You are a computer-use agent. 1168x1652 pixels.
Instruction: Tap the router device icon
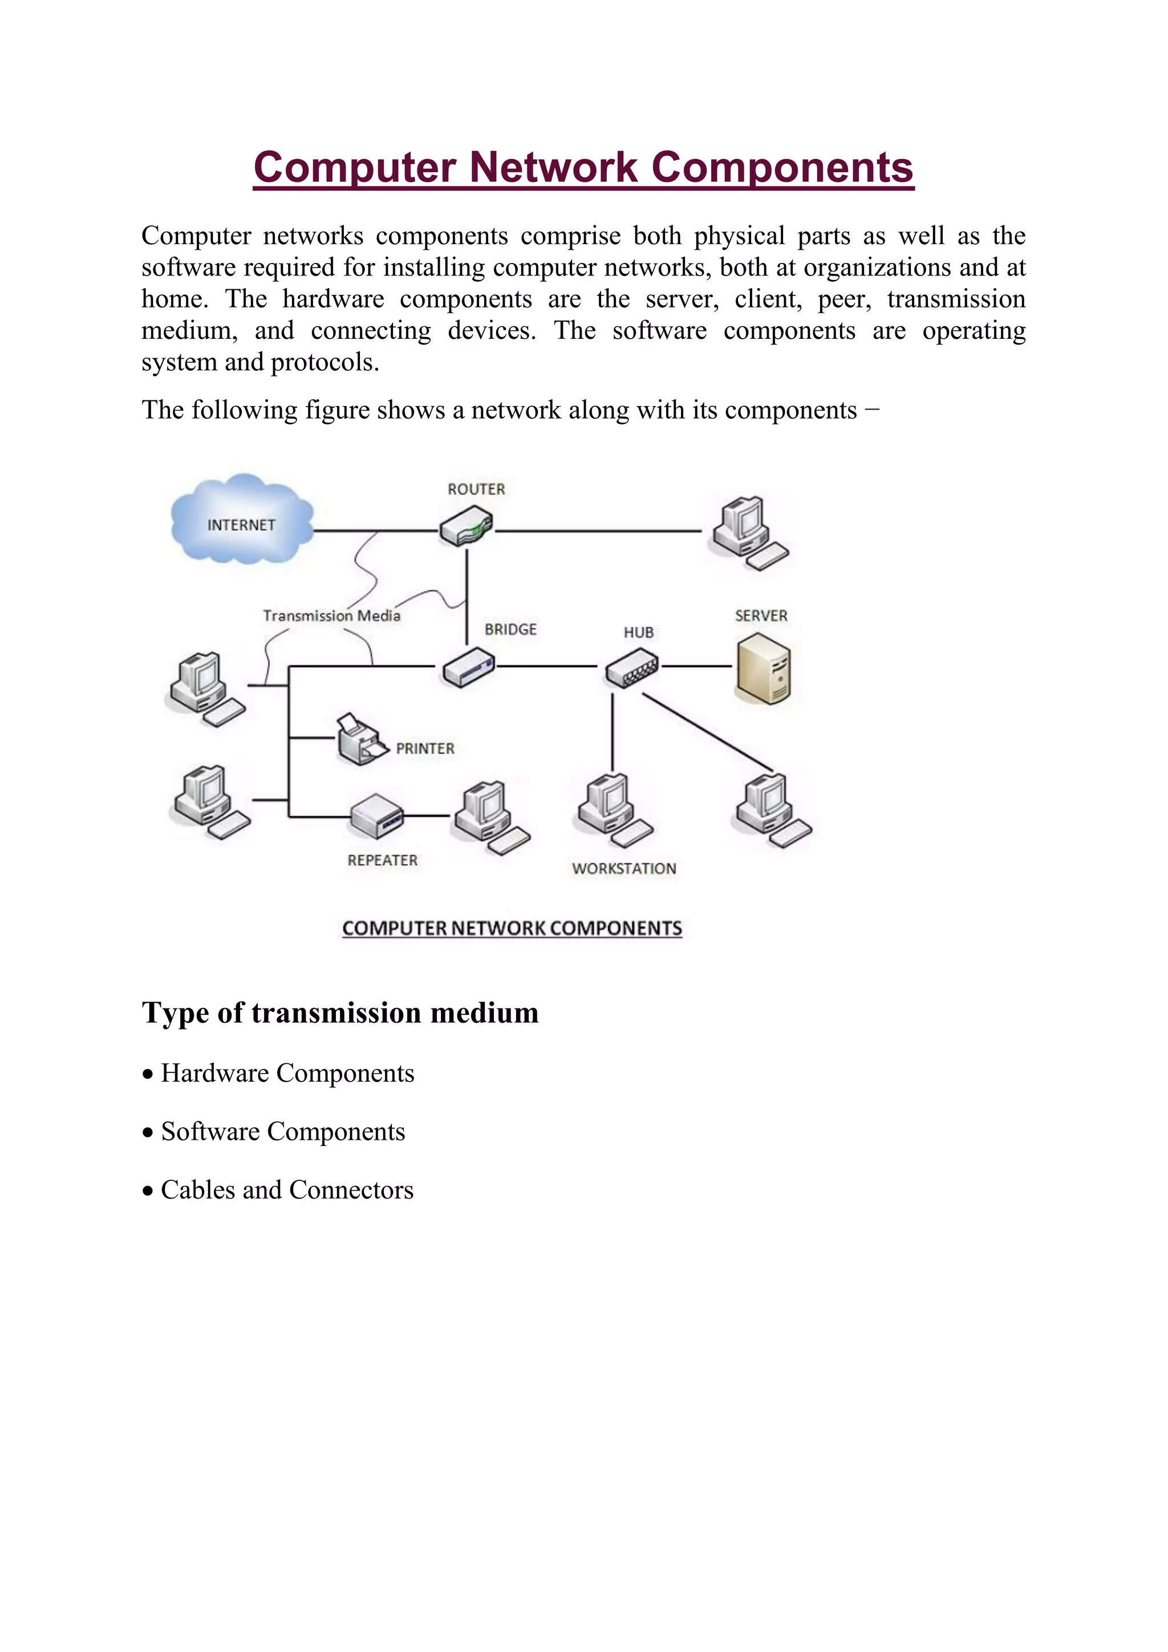[x=466, y=526]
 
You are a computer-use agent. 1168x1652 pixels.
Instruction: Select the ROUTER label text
[x=476, y=489]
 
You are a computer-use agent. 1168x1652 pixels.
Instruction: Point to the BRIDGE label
[x=510, y=630]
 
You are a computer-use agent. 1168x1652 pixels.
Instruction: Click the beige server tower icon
[x=763, y=669]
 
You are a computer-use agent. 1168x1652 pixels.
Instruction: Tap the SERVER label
[x=761, y=616]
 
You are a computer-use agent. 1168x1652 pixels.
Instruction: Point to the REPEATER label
[x=382, y=861]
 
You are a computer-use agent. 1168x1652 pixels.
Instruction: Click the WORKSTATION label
[x=623, y=868]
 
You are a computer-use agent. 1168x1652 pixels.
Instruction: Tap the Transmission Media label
[x=331, y=616]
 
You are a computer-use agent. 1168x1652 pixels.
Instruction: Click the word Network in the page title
[x=554, y=167]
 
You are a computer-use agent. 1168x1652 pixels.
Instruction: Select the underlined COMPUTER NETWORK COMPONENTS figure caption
[x=512, y=928]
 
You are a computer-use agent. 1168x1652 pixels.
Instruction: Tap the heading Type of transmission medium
[x=339, y=1013]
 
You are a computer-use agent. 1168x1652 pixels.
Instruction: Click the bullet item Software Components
[x=283, y=1132]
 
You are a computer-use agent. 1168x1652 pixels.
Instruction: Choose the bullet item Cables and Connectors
[x=287, y=1190]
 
